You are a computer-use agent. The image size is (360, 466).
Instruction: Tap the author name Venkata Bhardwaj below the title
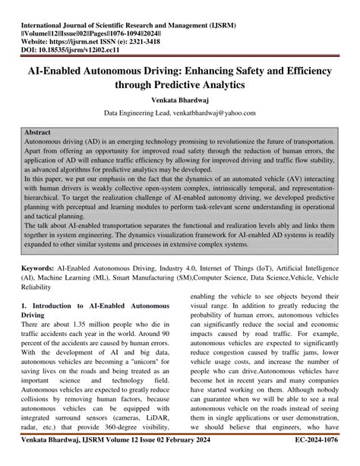180,99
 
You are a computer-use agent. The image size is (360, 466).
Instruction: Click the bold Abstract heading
43,132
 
